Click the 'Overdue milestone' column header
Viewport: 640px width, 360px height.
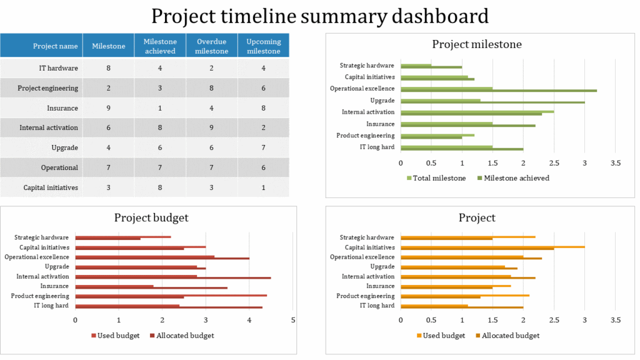[x=211, y=46]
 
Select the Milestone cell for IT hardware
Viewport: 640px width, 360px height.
[x=109, y=68]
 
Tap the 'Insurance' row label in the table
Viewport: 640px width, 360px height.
[x=62, y=108]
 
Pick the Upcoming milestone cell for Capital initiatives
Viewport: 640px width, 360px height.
[x=263, y=187]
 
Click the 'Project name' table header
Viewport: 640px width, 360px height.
[x=56, y=46]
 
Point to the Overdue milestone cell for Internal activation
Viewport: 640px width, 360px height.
[x=211, y=128]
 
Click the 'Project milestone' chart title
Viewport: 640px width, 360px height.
[x=477, y=44]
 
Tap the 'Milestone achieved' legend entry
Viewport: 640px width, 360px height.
[x=516, y=178]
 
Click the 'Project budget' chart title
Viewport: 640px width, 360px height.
[x=151, y=217]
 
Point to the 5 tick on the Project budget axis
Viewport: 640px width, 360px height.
[x=293, y=320]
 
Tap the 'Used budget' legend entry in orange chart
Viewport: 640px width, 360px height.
[x=444, y=336]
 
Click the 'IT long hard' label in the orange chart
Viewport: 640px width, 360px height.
[x=377, y=306]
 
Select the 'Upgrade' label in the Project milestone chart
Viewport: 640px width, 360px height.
[x=382, y=101]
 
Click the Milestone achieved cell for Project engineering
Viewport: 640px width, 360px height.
[x=160, y=88]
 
